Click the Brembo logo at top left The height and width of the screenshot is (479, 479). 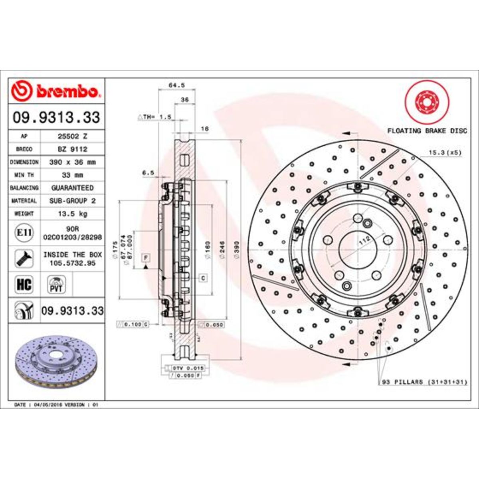56,91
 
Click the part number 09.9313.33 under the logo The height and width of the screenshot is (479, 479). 56,117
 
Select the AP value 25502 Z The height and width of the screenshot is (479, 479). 72,136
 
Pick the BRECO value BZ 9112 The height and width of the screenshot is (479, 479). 72,149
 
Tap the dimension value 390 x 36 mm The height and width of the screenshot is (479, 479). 72,162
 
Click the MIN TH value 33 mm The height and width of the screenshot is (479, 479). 72,175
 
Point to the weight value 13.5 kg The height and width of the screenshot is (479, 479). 72,214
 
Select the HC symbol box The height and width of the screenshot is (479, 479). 24,285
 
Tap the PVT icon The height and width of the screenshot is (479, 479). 56,285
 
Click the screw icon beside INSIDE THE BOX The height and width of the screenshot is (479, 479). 24,259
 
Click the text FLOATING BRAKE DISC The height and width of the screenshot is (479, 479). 427,131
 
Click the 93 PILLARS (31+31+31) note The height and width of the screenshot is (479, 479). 425,382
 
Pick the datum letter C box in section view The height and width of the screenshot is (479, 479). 203,278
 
